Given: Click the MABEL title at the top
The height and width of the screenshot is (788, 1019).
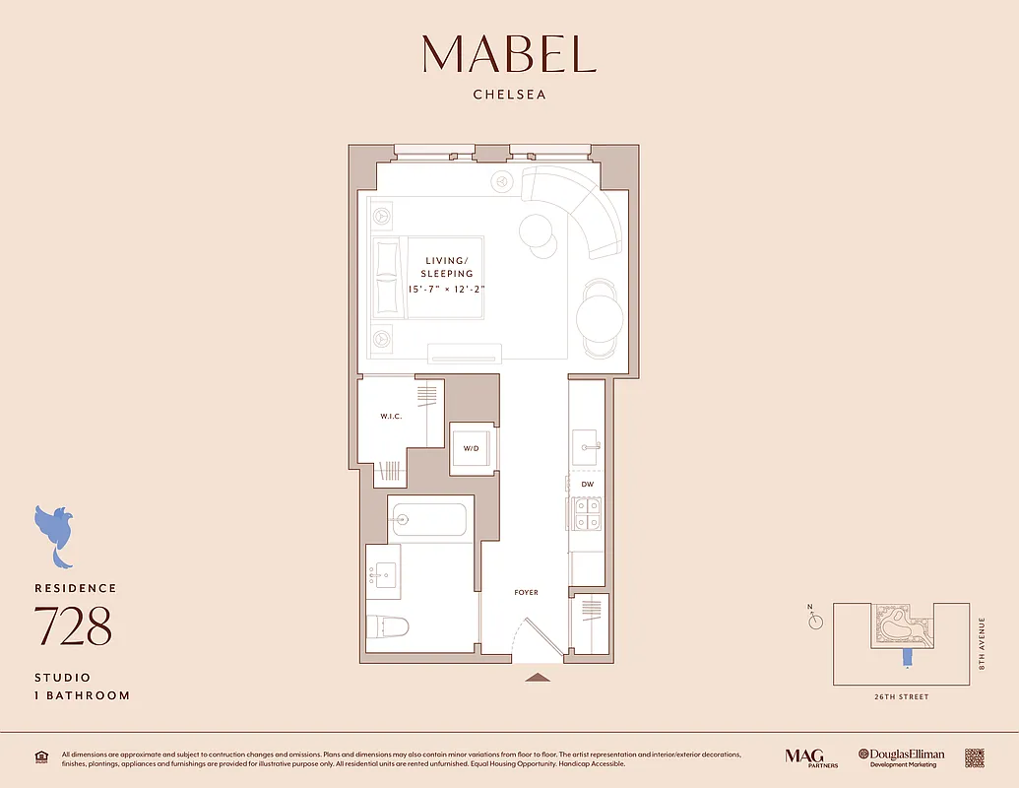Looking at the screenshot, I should tap(509, 54).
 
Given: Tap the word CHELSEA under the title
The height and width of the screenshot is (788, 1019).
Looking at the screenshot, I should tap(509, 96).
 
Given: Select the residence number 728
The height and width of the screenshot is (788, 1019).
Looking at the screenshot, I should tap(73, 625).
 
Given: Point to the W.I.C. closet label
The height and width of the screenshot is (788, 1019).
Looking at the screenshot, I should tap(391, 417).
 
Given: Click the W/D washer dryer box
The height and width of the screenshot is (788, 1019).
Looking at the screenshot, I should tap(472, 449).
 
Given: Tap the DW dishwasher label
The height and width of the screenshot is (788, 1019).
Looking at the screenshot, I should tap(587, 485).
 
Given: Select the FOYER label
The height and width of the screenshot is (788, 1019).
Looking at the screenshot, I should tap(527, 593).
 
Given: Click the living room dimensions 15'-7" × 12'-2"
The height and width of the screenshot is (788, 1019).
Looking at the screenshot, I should tap(449, 290).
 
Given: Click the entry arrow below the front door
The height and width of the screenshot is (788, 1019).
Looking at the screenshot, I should tap(537, 677).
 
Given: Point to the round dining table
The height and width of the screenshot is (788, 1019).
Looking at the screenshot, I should tap(599, 318).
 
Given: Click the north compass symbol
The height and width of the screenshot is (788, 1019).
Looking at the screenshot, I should tap(815, 621).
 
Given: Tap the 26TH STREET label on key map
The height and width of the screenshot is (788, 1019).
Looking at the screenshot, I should tap(900, 697).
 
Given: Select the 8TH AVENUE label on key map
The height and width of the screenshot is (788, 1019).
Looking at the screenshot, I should tap(982, 644).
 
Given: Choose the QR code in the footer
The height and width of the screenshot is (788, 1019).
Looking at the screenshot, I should tap(974, 756).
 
